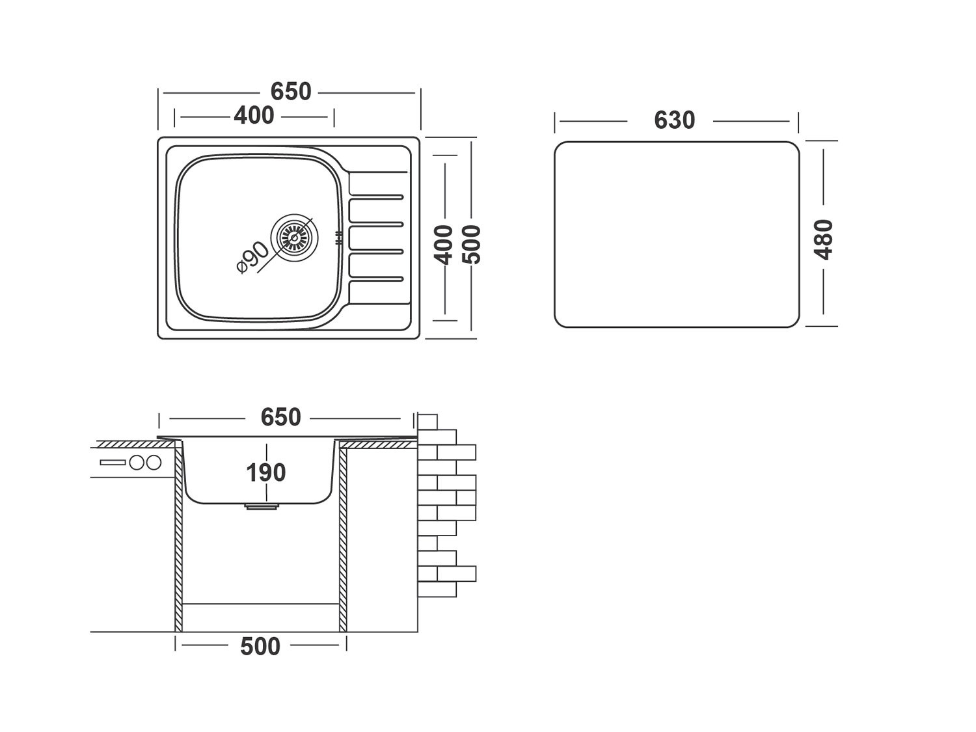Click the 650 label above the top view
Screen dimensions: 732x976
(x=291, y=92)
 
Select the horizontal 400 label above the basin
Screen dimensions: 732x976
(x=254, y=116)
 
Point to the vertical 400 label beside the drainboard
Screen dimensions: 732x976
(x=444, y=244)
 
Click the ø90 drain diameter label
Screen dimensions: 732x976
(x=252, y=257)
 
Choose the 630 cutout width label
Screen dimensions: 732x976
(x=674, y=120)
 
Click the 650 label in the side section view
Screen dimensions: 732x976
(x=280, y=417)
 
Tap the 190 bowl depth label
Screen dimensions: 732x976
(x=265, y=472)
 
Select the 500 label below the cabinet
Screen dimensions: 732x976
(x=260, y=646)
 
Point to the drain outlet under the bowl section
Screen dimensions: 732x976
(x=260, y=506)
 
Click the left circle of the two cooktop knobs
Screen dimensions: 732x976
(x=137, y=463)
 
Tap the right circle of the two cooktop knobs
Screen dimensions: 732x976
(x=154, y=463)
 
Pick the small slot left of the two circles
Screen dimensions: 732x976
(x=114, y=463)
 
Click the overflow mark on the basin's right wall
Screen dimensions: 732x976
(x=338, y=238)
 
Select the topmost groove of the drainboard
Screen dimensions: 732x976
(x=377, y=197)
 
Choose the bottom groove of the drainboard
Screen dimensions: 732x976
(x=377, y=279)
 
